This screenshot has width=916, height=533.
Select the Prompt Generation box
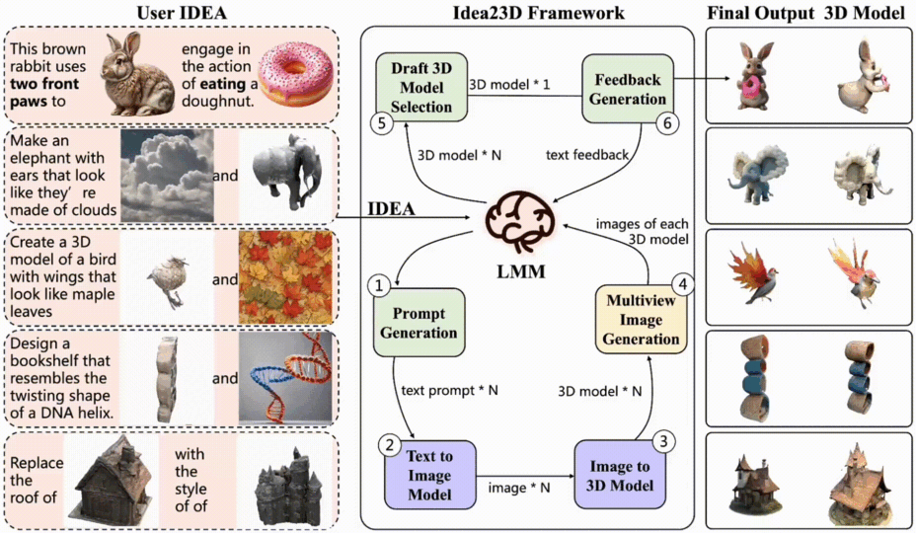click(x=418, y=323)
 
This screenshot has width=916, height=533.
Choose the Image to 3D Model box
click(x=621, y=475)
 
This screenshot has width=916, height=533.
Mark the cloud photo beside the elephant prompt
click(x=167, y=176)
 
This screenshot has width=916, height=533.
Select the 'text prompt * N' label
click(x=449, y=390)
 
